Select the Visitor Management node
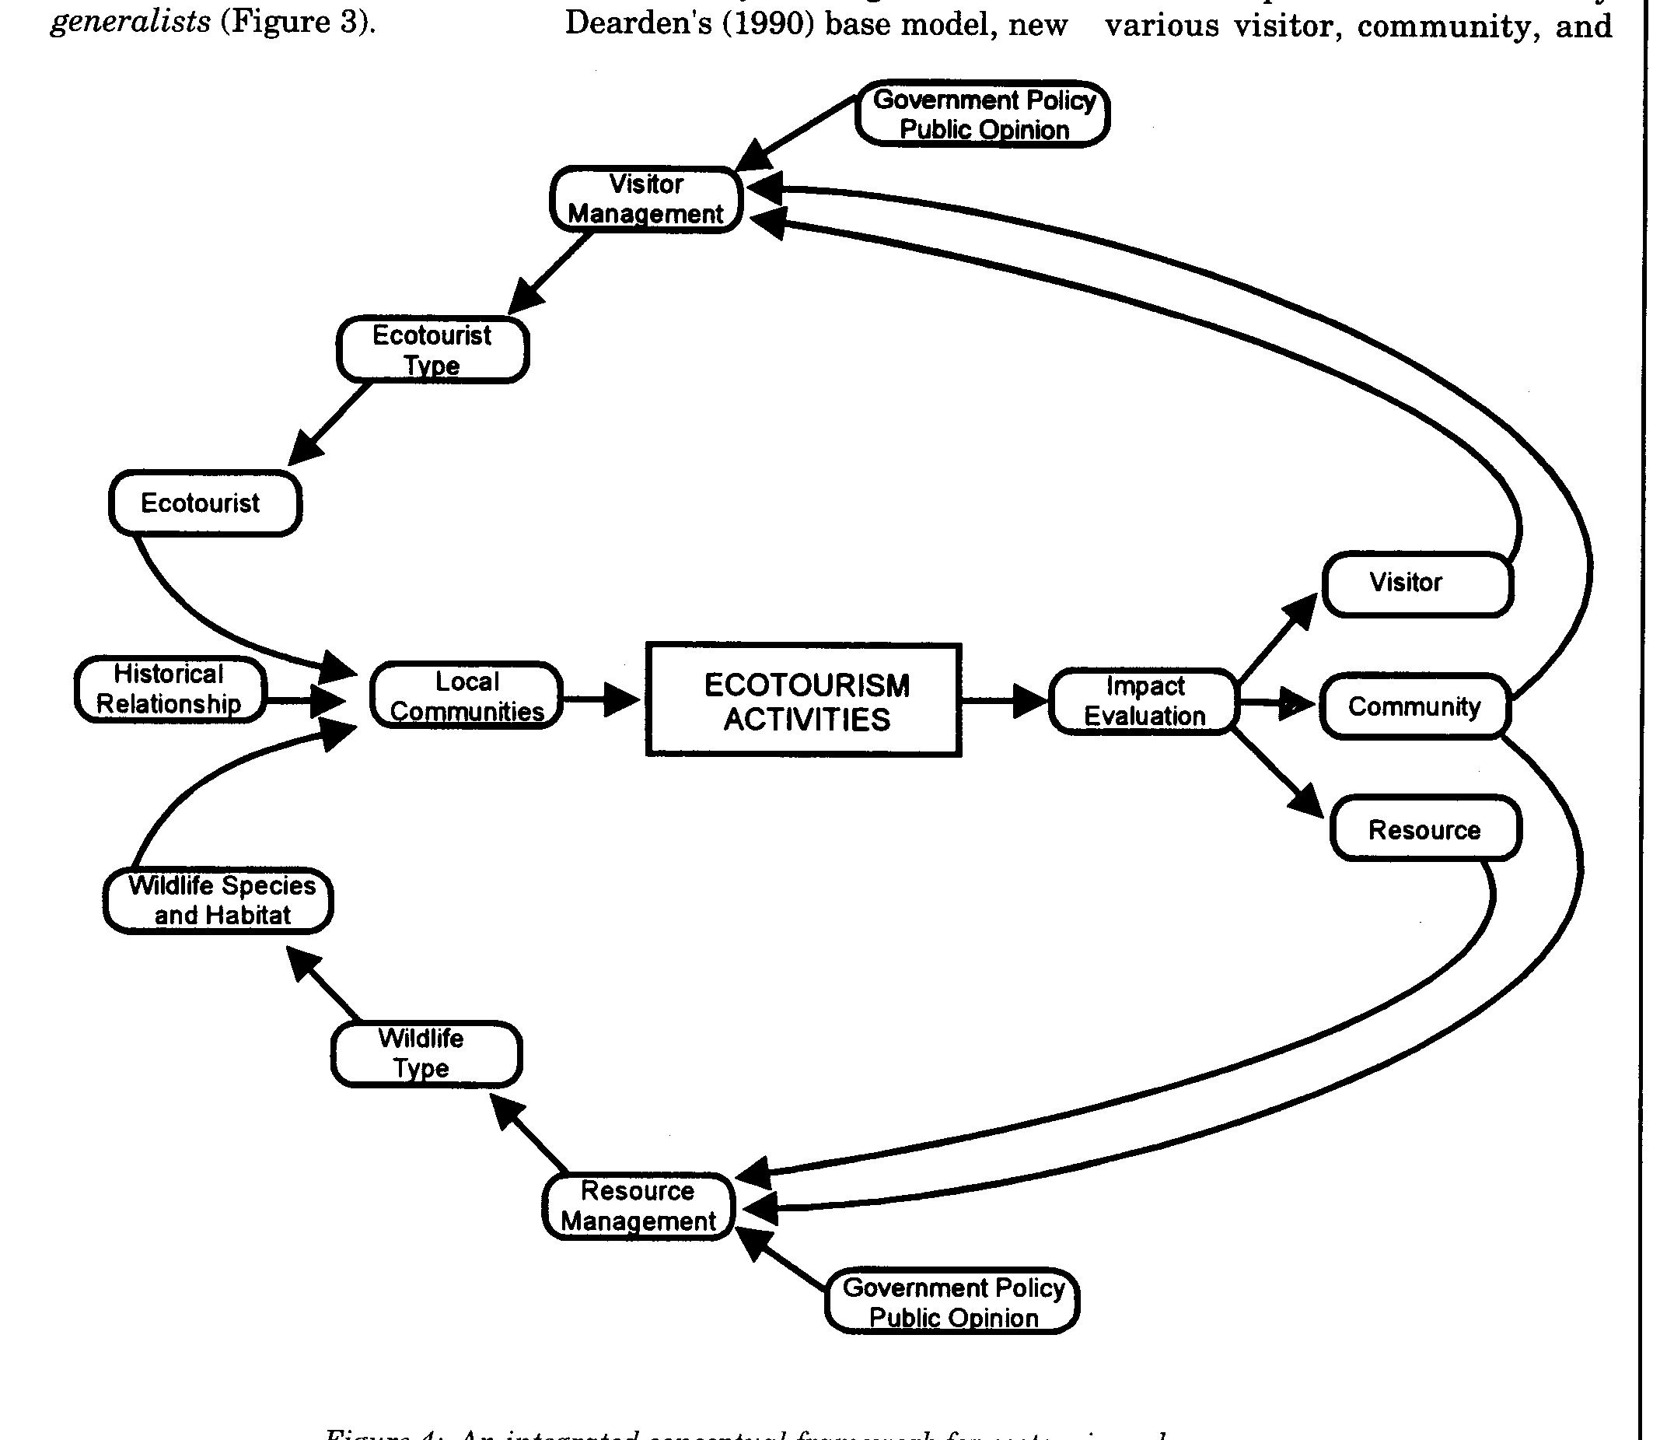pos(646,199)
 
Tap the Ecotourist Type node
pos(432,349)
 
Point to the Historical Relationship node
pos(169,689)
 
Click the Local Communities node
pos(467,696)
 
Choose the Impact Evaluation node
pos(1144,702)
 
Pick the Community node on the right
pos(1414,706)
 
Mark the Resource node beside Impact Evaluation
pos(1424,829)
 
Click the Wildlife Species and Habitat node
pos(218,900)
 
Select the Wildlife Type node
pos(425,1053)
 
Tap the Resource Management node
pos(638,1206)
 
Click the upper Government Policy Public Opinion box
pos(982,114)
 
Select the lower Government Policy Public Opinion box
pos(952,1302)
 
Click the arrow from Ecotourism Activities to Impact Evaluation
pos(1004,701)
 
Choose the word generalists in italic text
pos(130,22)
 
